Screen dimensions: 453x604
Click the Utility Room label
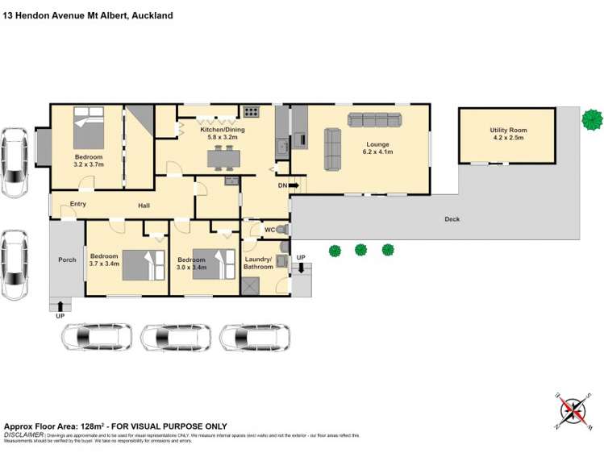click(x=506, y=130)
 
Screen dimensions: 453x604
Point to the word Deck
click(x=452, y=219)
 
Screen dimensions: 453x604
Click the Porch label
click(x=66, y=260)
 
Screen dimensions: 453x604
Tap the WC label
click(x=270, y=230)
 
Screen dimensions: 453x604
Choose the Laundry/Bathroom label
click(x=259, y=263)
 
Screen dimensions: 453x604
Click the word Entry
click(x=78, y=204)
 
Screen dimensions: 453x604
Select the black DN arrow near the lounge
click(x=294, y=186)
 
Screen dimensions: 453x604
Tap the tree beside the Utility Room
click(x=592, y=119)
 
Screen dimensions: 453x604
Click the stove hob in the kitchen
click(x=252, y=112)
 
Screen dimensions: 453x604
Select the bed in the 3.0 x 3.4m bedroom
click(x=212, y=264)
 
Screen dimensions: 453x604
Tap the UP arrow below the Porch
click(x=60, y=305)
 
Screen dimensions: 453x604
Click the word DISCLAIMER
click(x=24, y=434)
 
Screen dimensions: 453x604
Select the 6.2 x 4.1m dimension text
click(x=377, y=152)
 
